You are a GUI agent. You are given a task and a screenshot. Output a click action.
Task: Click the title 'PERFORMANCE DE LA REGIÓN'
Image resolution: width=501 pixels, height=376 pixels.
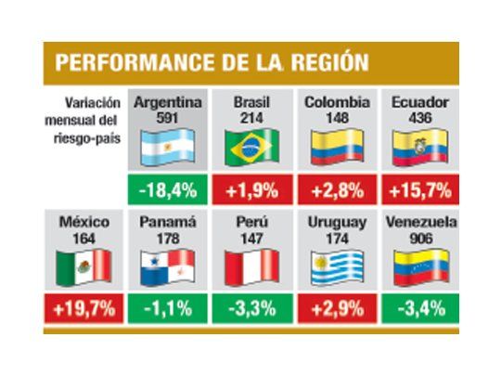212,62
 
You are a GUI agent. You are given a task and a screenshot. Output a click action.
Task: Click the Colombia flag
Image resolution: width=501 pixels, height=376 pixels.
337,147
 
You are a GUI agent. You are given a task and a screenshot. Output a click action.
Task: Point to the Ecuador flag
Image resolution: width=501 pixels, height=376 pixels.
421,147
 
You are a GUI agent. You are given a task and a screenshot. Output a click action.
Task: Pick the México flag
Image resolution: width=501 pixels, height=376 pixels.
83,266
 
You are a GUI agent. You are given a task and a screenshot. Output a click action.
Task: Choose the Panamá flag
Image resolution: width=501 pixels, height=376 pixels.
167,266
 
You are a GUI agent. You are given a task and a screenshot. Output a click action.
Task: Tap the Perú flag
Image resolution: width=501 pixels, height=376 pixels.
251,266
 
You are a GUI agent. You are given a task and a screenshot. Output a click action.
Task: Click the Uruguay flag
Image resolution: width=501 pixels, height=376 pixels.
337,266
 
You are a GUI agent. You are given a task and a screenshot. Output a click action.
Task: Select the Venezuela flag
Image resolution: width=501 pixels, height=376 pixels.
421,266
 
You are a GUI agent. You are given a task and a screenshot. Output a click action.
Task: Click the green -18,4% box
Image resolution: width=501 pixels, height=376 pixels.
167,191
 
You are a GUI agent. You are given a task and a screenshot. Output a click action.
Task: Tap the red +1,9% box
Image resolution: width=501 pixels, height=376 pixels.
251,191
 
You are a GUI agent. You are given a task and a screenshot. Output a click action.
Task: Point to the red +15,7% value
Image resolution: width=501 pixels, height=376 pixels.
421,191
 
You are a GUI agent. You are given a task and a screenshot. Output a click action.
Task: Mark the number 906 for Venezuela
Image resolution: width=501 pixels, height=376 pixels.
421,238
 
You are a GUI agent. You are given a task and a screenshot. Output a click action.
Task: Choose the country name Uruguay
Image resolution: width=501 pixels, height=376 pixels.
337,223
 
